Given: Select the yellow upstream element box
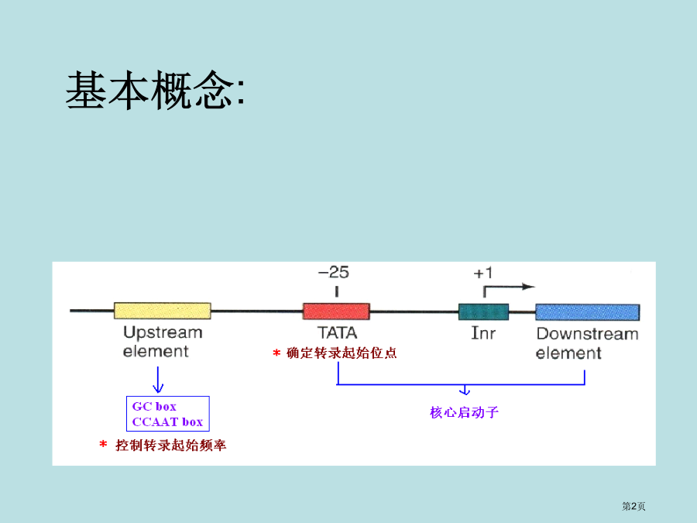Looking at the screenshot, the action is click(163, 311).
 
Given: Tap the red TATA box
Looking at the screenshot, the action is click(336, 311).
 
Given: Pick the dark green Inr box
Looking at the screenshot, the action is click(483, 311).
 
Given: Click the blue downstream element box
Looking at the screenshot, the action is click(587, 311).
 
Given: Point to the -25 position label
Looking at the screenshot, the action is click(333, 272).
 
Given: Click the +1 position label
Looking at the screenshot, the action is click(483, 273).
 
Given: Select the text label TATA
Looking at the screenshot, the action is click(337, 332).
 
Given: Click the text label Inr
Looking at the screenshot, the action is click(483, 333).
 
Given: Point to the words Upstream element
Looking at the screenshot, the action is click(163, 342).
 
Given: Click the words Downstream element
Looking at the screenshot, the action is click(587, 343).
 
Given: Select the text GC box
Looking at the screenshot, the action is click(154, 407).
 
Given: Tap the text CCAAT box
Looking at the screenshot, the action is click(167, 421).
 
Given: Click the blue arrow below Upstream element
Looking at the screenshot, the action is click(158, 380).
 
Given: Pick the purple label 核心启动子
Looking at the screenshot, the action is click(464, 412).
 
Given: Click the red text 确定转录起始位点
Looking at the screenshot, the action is click(342, 353).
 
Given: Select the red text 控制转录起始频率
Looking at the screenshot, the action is click(170, 446).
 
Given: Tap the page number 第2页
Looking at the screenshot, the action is click(633, 506).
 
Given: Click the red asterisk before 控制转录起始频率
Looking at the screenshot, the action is click(103, 444).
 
